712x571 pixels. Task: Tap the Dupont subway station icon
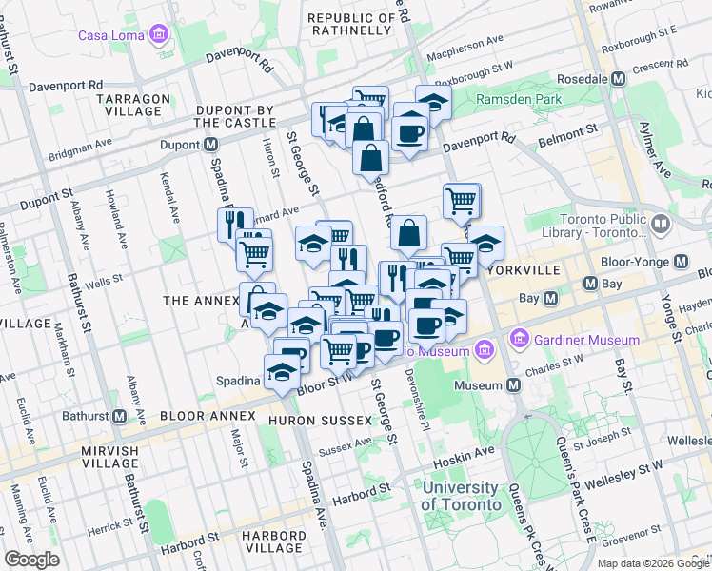click(x=209, y=145)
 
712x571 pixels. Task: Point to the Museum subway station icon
click(x=514, y=385)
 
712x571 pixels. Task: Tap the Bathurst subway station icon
click(x=120, y=416)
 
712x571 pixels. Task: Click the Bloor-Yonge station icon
click(x=681, y=261)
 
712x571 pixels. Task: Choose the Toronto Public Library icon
click(x=662, y=224)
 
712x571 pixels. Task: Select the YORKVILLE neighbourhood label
click(x=523, y=270)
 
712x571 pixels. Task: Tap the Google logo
click(x=31, y=560)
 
